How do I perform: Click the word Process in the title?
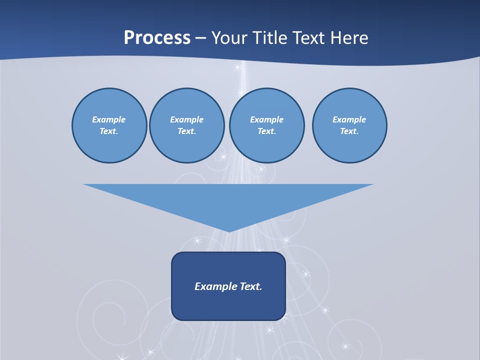pos(157,38)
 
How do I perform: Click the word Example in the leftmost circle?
pos(109,119)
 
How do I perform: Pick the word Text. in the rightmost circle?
pos(349,131)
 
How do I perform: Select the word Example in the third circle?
pos(266,119)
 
